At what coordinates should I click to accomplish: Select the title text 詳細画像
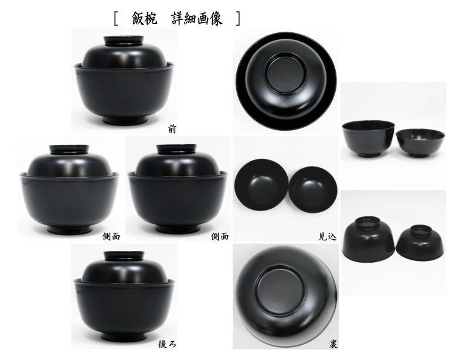pos(196,18)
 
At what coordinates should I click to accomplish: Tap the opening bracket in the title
pos(118,18)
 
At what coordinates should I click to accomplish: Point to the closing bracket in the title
pos(237,18)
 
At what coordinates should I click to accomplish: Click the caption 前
pos(172,129)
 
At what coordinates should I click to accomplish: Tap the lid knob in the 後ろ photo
pos(123,256)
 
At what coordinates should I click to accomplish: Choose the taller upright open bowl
pos(367,138)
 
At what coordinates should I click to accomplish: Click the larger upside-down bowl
pos(369,237)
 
